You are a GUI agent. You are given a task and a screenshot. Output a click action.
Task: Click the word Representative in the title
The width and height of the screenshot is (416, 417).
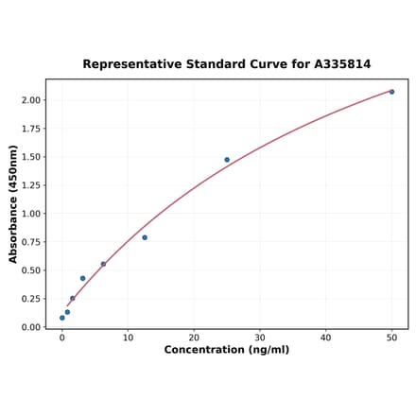coord(128,64)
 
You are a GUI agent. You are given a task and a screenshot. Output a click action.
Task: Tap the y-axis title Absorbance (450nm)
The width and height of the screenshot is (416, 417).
coord(13,204)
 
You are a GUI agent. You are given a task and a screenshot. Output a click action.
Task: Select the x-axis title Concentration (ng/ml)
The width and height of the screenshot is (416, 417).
coord(227,350)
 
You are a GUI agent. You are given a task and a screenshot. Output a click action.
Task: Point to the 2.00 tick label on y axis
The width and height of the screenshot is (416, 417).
coord(30,100)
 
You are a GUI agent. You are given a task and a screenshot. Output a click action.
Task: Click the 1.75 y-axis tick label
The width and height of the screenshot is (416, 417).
coord(30,129)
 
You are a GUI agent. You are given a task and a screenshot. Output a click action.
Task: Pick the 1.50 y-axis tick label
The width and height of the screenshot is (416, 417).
coord(30,157)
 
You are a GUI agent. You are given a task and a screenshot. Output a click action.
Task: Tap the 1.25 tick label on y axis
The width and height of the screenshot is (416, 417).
coord(30,185)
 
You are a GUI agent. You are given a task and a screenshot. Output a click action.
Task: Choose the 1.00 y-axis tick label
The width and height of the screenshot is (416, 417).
coord(30,214)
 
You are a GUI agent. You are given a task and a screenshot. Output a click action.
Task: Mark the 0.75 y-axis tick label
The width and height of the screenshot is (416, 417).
coord(30,242)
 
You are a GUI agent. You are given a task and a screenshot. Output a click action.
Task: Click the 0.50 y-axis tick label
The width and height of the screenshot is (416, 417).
coord(30,270)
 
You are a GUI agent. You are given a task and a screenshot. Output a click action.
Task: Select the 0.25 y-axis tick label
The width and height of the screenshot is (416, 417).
coord(30,299)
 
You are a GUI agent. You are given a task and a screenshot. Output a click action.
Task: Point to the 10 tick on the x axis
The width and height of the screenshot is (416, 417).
coord(128,336)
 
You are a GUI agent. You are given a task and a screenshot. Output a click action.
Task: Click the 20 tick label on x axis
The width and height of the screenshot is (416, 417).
coord(194,336)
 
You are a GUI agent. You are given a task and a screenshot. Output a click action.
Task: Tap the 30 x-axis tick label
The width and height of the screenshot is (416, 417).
coord(260,336)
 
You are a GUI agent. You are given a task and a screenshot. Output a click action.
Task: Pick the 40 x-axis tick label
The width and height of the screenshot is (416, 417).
coord(326,336)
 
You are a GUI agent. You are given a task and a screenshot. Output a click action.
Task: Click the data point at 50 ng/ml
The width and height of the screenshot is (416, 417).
coord(391,92)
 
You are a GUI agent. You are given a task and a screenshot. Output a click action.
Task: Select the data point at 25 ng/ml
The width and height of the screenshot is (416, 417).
coord(227,160)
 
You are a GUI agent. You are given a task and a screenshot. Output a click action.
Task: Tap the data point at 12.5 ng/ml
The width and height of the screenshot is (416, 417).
coord(145,237)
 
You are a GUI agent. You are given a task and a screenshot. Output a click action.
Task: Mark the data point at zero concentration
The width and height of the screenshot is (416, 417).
coord(62,318)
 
